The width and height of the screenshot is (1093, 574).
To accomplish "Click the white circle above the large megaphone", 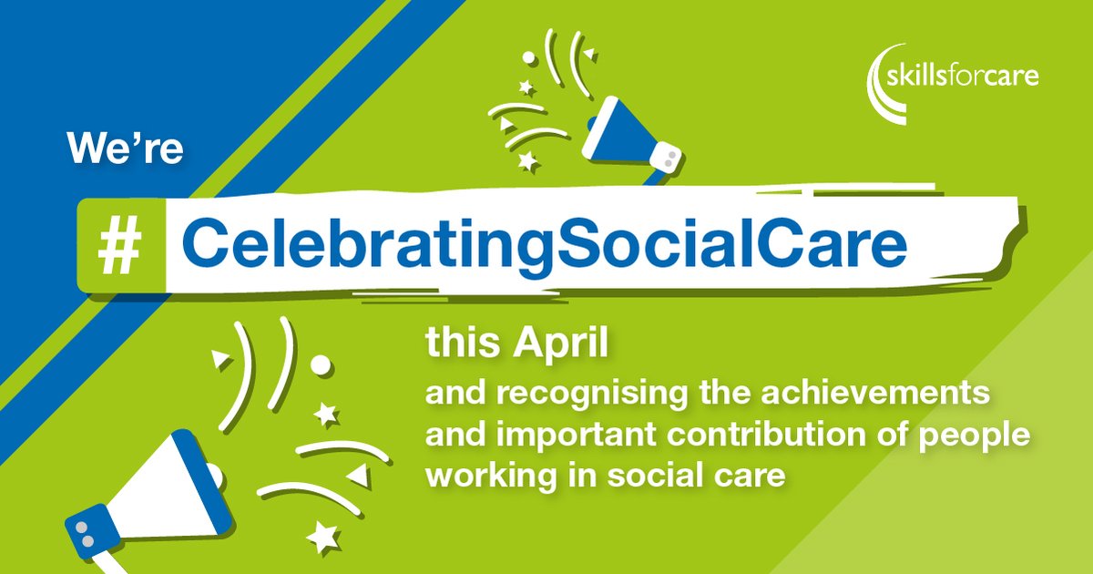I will [x=321, y=364].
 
